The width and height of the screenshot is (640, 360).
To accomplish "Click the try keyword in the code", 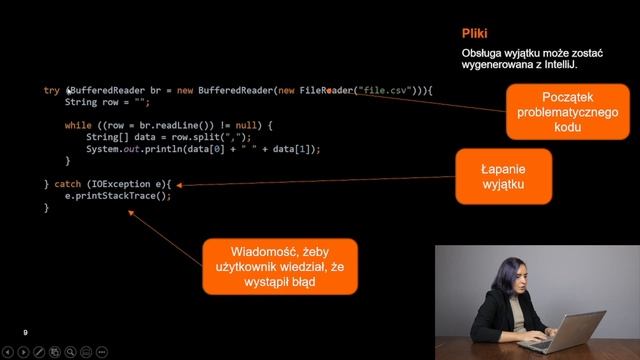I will click(52, 91).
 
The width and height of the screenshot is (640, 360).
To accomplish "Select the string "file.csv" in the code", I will click(388, 91).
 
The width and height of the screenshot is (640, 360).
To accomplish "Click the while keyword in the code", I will click(78, 125).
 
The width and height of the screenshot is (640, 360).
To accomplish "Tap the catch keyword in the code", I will click(67, 184).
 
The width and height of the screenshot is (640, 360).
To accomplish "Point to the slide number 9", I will click(26, 332).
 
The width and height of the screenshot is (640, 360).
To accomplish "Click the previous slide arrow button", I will click(9, 352).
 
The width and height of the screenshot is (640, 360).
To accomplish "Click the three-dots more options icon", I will click(100, 352).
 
